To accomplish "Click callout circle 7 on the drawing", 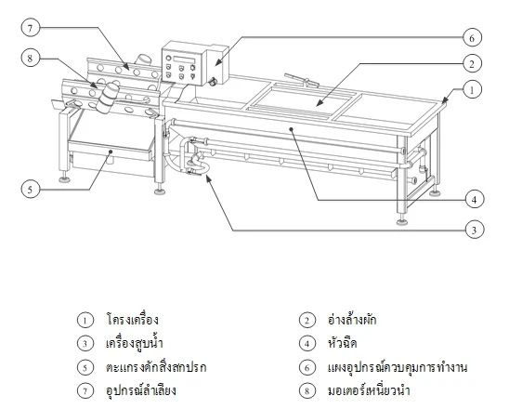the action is coord(31,28).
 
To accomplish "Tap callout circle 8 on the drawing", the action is coord(31,59).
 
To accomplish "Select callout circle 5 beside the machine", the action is coord(31,189).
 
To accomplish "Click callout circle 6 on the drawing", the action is coord(472,38).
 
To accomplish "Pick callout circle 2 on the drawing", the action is coord(472,63).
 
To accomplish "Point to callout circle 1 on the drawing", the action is coord(472,89).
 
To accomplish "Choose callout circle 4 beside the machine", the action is coord(475,199).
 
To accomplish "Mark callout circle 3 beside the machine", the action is coord(475,230).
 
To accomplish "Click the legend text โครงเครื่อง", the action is coord(133,320).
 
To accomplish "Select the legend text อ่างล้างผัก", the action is coord(352,320).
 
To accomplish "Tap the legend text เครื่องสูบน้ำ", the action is coord(135,343).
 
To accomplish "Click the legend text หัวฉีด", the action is coord(343,343).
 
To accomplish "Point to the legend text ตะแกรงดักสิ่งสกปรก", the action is coord(156,367).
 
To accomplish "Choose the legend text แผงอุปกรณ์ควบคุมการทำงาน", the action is coord(398,367).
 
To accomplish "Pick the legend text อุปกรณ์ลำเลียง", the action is coord(141,390).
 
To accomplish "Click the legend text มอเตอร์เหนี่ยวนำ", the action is coord(369,390).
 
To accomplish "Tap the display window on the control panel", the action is coord(185,60).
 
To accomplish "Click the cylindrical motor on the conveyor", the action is coord(107,98).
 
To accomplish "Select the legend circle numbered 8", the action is coord(307,390).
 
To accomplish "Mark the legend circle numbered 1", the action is coord(85,321).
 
